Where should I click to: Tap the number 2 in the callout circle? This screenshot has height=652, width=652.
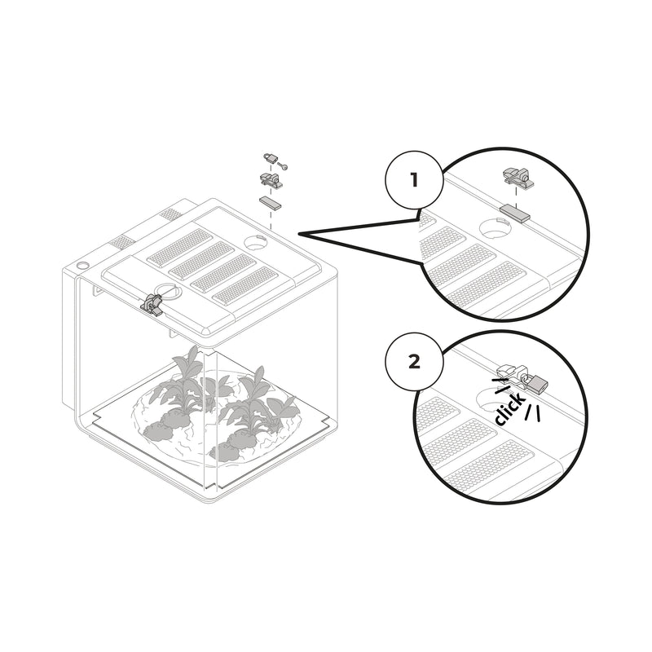[x=414, y=361]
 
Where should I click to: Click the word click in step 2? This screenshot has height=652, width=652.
[x=509, y=408]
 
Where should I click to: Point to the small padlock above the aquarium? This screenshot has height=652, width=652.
[x=271, y=157]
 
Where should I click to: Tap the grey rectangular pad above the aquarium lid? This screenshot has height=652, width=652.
[x=270, y=201]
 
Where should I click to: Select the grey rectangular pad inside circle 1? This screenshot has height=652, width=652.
[x=515, y=214]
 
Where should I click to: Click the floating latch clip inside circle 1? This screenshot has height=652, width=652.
[x=518, y=176]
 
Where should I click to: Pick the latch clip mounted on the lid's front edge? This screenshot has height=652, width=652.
[x=152, y=305]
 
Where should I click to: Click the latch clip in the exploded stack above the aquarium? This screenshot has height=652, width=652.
[x=270, y=180]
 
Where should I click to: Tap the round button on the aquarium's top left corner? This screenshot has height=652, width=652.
[x=81, y=266]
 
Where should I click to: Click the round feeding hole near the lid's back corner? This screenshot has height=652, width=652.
[x=256, y=242]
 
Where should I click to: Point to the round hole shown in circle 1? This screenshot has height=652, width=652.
[x=496, y=230]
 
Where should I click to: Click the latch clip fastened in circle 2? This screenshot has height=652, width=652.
[x=512, y=372]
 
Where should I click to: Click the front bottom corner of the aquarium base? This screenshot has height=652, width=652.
[x=214, y=496]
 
